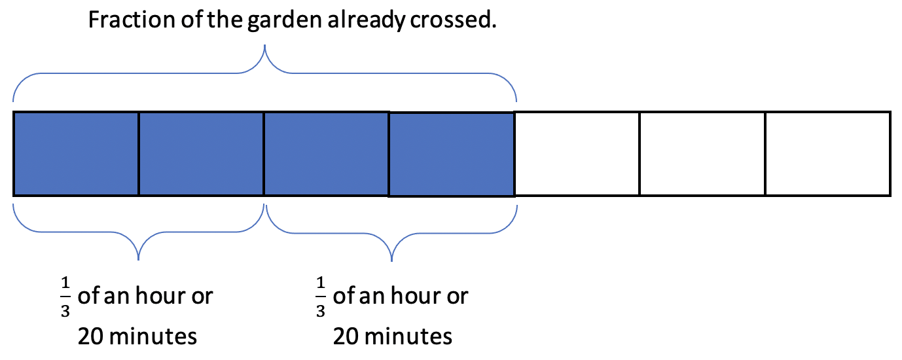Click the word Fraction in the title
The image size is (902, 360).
pos(132,20)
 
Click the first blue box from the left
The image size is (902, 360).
pos(76,154)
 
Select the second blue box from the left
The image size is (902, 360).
pos(202,154)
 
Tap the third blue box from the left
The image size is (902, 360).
pos(327,154)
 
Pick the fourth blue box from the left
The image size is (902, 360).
pos(452,154)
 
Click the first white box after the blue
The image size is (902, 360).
pos(577,154)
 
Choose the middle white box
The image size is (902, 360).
pos(702,154)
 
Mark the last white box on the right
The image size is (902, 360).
pos(828,154)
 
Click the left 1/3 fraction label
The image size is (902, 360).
pos(65,297)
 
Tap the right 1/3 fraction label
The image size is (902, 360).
pos(321,297)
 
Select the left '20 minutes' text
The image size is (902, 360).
pos(137,336)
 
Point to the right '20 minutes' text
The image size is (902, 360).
pos(393,336)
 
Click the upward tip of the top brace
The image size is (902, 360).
pos(264,46)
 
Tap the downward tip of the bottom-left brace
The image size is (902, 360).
pos(139,260)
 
